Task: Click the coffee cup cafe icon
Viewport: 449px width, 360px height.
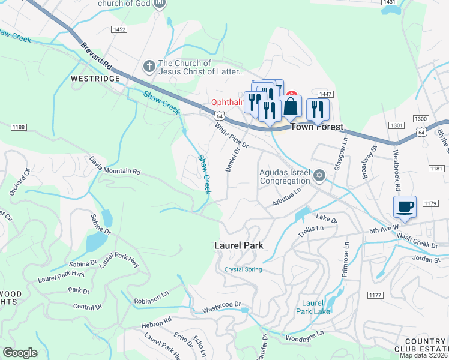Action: point(404,207)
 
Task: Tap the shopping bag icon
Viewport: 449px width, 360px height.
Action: point(291,106)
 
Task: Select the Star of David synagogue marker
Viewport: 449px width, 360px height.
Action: point(319,176)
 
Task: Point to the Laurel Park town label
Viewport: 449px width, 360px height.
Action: point(239,246)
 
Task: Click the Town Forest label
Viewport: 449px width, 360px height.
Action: point(317,127)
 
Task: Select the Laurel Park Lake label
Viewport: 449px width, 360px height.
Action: point(313,307)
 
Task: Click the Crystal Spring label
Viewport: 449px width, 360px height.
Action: point(243,269)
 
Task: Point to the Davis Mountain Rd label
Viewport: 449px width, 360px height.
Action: point(115,166)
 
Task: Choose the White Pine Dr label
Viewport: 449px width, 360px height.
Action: point(231,136)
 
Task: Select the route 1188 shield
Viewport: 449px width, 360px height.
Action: point(19,127)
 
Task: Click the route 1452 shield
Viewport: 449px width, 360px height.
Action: point(119,29)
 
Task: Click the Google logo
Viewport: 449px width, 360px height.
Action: point(20,353)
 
